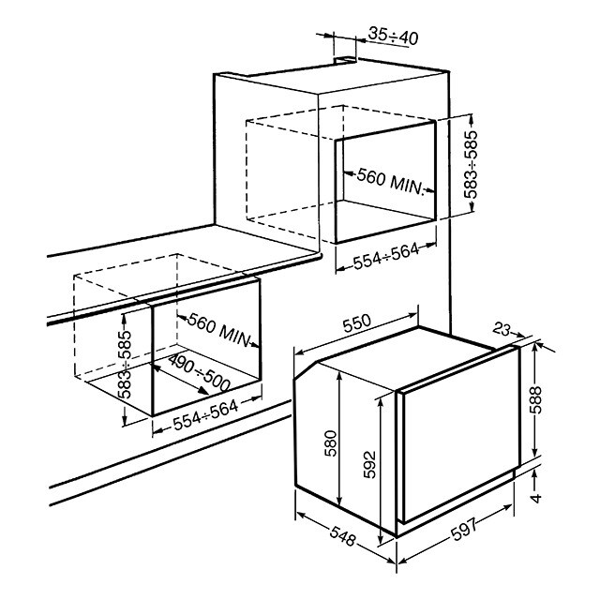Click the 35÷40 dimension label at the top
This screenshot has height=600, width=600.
pos(393,37)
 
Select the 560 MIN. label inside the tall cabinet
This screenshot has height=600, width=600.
pos(391,182)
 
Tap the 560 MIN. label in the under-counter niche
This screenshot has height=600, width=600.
pos(219,329)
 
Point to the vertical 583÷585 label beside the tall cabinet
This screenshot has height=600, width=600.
pos(471,165)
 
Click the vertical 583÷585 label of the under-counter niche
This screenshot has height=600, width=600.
pos(125,365)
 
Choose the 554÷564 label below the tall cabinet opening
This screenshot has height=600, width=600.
pos(386,256)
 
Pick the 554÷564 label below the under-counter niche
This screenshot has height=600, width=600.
pos(206,414)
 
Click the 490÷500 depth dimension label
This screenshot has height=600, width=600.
pos(200,372)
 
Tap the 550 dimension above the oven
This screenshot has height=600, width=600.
pos(356,323)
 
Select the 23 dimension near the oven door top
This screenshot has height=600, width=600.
pos(502,328)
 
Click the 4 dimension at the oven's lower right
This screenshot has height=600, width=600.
pos(536,498)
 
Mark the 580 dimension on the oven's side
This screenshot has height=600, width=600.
pos(330,443)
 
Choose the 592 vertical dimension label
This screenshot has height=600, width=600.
pos(369,464)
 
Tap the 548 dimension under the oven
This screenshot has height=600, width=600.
pos(343,536)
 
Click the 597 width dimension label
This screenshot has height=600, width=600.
pos(465,529)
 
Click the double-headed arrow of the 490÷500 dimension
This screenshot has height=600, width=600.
pos(180,379)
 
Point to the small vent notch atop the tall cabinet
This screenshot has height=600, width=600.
pos(345,60)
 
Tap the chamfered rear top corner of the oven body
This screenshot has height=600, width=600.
pos(306,370)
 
